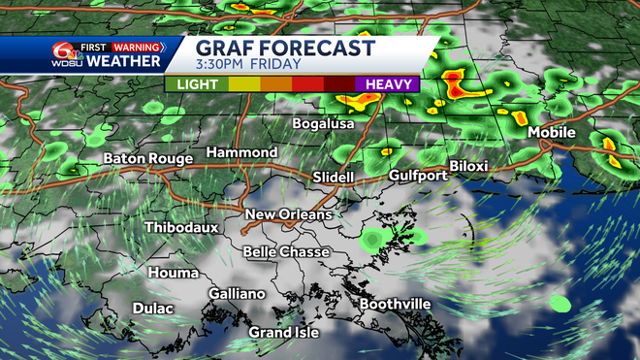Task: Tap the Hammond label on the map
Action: click(241, 153)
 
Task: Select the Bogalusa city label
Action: click(325, 124)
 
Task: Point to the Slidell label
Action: click(335, 178)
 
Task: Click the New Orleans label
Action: click(288, 214)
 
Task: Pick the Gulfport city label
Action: click(417, 176)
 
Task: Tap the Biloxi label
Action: click(468, 167)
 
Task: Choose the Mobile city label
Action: click(552, 133)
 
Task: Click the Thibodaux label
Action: click(181, 227)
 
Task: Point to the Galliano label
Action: click(237, 294)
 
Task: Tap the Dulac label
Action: click(153, 309)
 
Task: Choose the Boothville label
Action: click(396, 305)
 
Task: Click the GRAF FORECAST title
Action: click(285, 47)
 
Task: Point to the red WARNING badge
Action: click(138, 46)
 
